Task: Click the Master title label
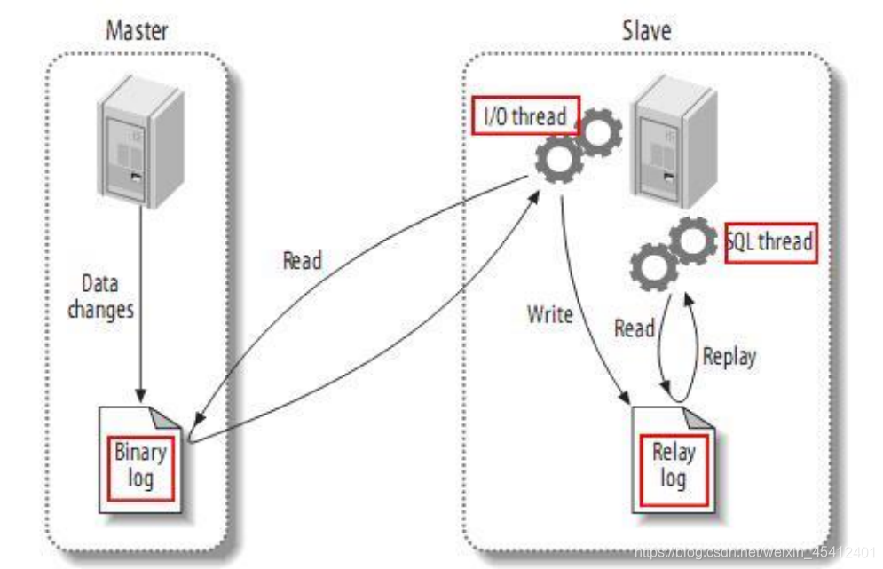pos(137,31)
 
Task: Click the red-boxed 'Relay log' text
pos(674,465)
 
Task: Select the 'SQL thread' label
pos(770,241)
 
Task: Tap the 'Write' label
pos(550,313)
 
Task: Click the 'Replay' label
pos(729,357)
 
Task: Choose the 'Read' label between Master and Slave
pos(302,261)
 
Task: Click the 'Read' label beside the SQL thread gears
pos(634,328)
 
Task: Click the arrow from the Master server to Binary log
pos(138,302)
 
